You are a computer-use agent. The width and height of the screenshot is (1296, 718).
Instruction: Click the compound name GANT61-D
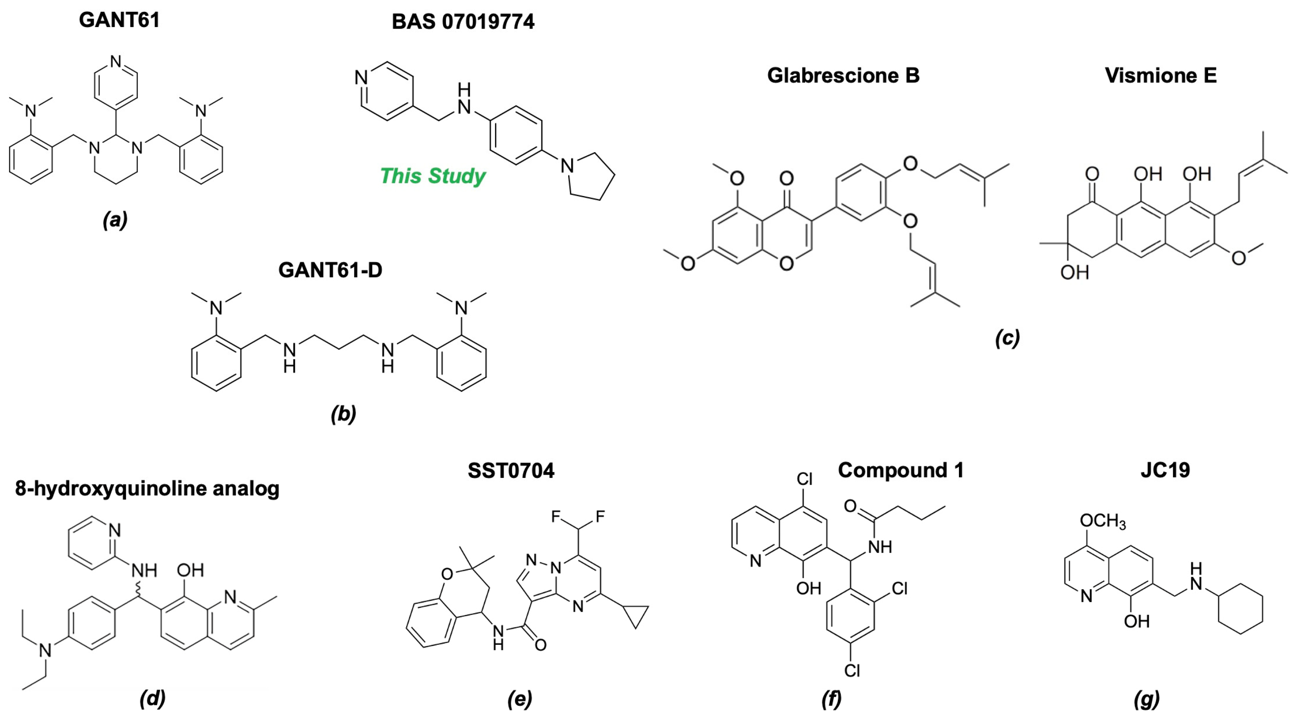coord(330,270)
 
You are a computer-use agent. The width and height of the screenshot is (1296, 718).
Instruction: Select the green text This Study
coord(433,176)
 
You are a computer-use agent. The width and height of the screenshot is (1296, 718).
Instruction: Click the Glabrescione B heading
coord(843,75)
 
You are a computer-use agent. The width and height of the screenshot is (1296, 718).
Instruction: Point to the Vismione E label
coord(1161,75)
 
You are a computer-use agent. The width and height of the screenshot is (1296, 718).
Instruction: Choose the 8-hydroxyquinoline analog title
coord(147,488)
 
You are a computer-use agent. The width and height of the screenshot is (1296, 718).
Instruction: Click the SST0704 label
coord(511,470)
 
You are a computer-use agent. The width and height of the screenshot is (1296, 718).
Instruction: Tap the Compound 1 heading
coord(900,470)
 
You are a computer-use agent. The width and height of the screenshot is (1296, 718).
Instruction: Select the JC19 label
coord(1165,470)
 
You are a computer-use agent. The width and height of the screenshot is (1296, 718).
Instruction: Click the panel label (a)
coord(115,220)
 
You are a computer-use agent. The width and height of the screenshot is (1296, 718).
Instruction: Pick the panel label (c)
coord(1007,338)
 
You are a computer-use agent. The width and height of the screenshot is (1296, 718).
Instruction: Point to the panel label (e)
coord(520,698)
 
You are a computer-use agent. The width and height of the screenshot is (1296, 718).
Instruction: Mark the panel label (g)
coord(1147,698)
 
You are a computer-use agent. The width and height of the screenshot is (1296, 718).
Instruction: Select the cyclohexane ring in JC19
coord(1240,609)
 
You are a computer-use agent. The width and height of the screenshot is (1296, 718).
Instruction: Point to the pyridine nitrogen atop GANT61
coord(116,62)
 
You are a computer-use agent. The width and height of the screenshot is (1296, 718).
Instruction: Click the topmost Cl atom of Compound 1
coord(804,479)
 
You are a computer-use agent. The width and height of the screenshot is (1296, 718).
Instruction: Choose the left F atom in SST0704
coord(556,517)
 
